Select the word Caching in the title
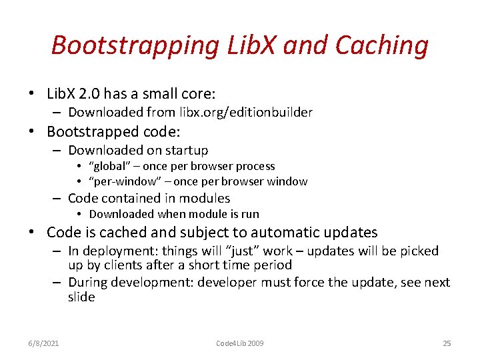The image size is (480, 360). point(382,45)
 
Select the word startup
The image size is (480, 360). point(184,150)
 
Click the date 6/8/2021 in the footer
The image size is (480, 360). point(44,343)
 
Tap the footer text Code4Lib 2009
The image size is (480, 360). point(240,343)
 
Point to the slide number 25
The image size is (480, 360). point(447,343)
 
